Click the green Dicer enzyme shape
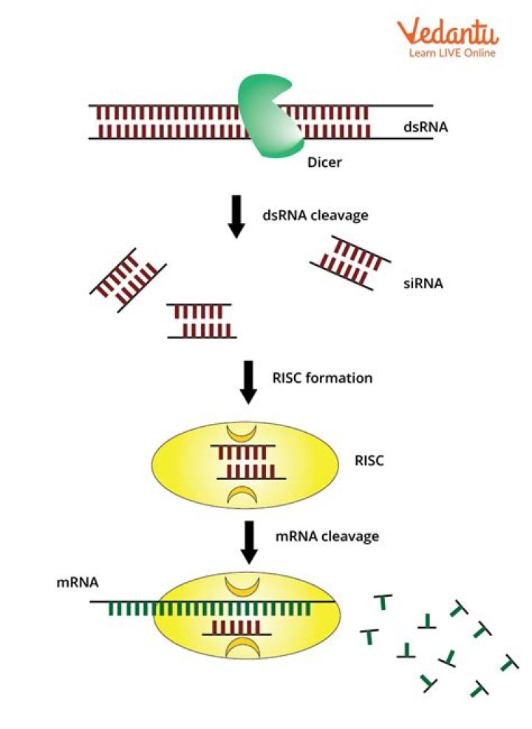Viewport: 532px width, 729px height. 267,118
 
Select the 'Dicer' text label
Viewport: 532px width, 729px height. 324,162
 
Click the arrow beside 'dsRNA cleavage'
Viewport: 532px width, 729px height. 236,218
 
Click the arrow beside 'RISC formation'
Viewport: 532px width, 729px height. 249,382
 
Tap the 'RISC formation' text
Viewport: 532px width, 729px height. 318,378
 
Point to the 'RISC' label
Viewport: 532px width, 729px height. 369,462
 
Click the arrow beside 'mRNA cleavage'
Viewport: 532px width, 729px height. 249,541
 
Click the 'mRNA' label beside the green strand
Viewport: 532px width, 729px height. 73,582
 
